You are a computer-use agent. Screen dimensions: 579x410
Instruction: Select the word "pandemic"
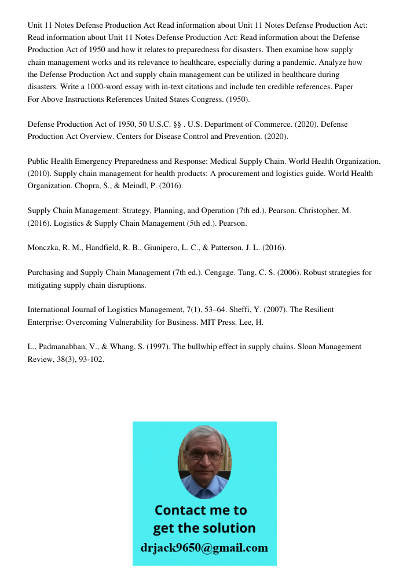(309, 63)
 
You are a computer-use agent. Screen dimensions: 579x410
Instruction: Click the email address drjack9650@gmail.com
(204, 548)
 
